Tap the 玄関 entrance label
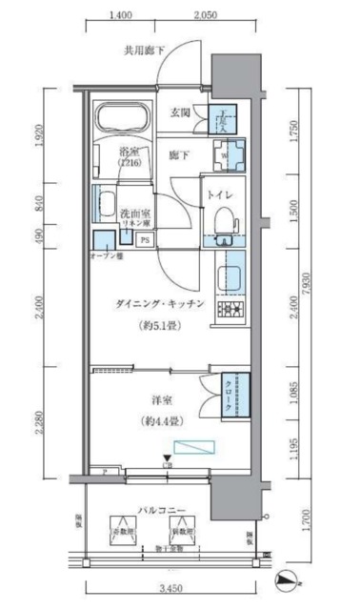182,112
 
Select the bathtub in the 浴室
122,118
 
